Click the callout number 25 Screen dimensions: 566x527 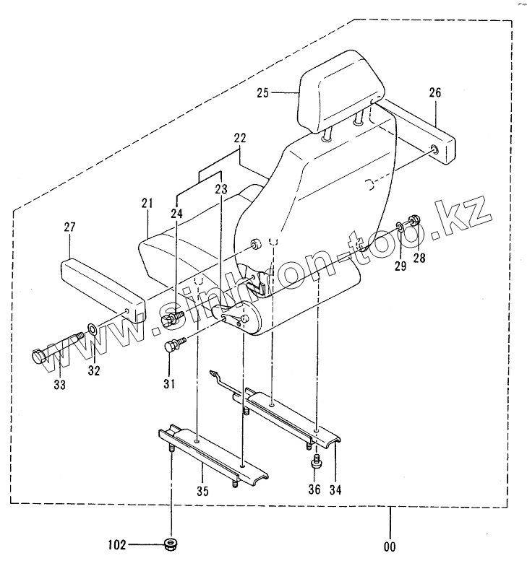(x=262, y=92)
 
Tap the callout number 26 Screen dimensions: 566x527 (x=434, y=92)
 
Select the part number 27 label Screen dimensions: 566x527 (x=69, y=227)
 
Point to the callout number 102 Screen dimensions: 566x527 (x=117, y=544)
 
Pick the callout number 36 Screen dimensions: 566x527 (x=314, y=490)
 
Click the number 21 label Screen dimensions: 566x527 (x=147, y=205)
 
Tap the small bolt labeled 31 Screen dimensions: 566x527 (x=173, y=345)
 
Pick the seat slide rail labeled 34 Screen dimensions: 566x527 (x=293, y=415)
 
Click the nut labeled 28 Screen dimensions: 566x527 (x=415, y=221)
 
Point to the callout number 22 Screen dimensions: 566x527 (x=240, y=137)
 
